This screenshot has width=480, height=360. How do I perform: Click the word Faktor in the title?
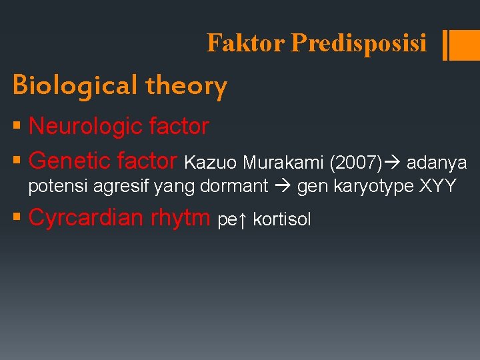[245, 43]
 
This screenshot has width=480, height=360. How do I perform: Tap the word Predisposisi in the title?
[359, 43]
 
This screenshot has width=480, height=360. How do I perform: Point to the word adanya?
[437, 162]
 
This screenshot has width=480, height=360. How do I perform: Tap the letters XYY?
[438, 186]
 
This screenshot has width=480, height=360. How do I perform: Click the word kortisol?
[283, 220]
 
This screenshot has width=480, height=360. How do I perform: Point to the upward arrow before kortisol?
[243, 220]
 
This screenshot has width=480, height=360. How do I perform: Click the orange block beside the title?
[461, 45]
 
